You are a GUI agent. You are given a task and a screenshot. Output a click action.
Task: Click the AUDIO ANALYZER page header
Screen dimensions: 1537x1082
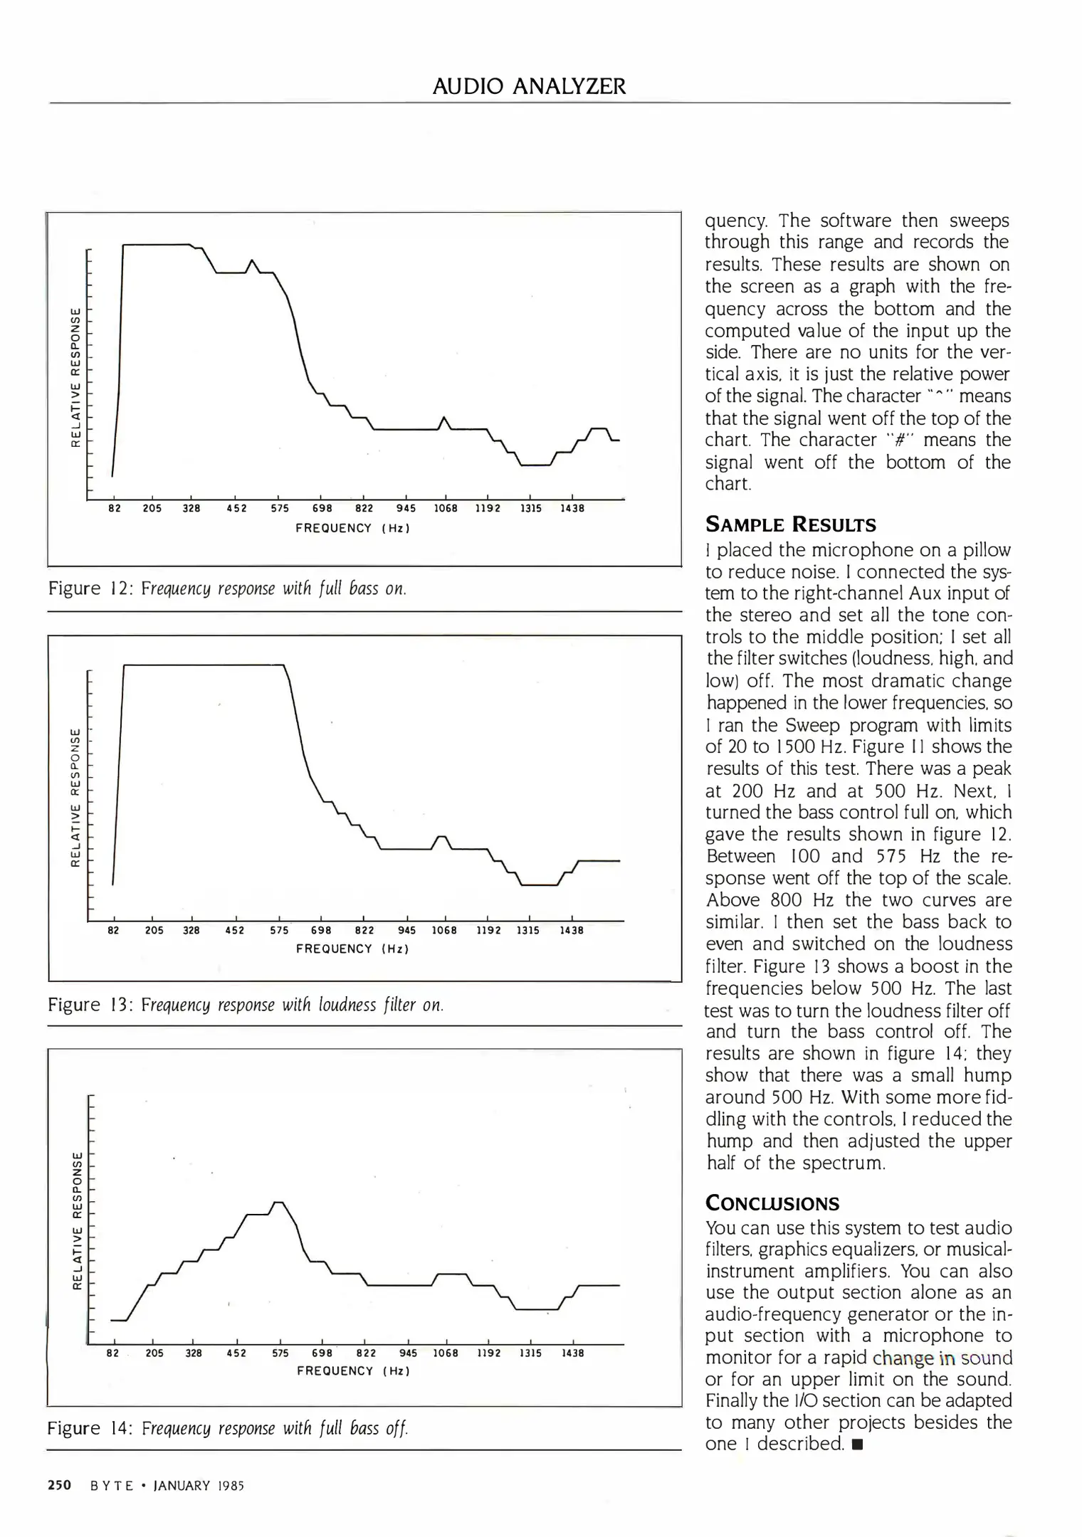click(530, 87)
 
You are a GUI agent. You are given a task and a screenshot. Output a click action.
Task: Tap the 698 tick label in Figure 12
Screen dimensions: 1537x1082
click(322, 509)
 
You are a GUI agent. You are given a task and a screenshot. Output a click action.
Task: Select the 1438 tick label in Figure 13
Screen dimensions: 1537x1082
click(572, 930)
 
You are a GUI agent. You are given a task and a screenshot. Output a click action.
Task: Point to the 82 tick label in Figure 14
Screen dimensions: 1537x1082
click(113, 1353)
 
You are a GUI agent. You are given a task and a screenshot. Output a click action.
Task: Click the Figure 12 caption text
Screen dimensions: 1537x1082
click(227, 588)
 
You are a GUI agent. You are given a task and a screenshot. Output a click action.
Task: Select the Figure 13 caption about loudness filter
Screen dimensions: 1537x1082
click(246, 1005)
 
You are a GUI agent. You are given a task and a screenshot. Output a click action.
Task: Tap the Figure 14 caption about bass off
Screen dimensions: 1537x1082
click(228, 1428)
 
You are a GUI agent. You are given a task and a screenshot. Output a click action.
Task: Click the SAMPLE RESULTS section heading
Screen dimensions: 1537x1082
click(791, 525)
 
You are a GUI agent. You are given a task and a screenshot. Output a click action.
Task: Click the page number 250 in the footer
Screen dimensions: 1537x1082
click(60, 1485)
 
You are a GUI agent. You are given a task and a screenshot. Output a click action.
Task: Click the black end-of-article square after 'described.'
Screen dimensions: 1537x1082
click(857, 1444)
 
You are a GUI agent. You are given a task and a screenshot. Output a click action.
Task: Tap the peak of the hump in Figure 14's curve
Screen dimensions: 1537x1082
click(279, 1202)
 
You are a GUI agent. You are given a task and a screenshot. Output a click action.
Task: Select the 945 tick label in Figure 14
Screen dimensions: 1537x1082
click(409, 1353)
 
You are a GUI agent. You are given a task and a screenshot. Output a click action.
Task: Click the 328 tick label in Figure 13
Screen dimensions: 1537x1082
click(191, 930)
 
